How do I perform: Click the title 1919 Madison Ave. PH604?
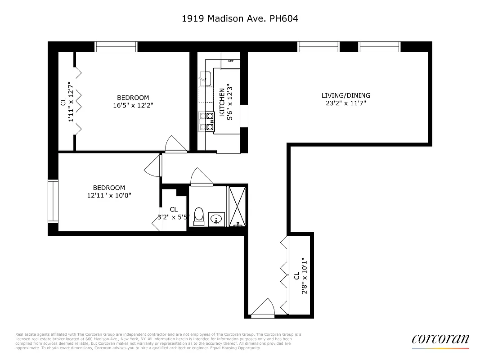point(240,18)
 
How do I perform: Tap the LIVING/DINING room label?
point(345,95)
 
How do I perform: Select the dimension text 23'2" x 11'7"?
point(345,103)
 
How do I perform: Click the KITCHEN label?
point(222,102)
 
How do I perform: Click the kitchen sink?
point(206,79)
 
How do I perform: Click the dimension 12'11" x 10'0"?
point(109,195)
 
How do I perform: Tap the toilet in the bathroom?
point(199,216)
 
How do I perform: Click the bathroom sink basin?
point(216,220)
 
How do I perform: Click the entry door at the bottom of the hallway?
point(263,310)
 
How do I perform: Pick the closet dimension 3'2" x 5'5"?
point(174,216)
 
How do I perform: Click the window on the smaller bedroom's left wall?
point(53,201)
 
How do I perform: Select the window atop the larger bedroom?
point(116,47)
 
